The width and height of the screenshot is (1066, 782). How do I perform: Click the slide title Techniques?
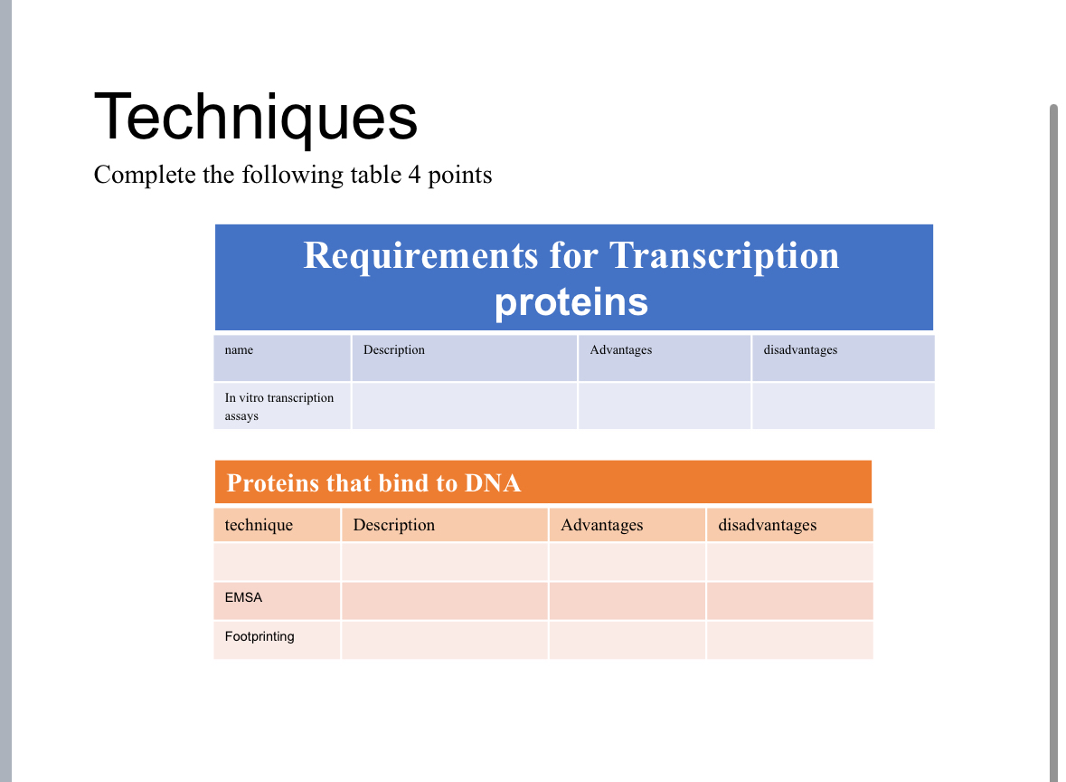pyautogui.click(x=256, y=117)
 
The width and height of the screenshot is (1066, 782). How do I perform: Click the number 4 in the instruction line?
pyautogui.click(x=414, y=175)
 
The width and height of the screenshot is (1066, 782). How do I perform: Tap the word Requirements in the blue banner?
pyautogui.click(x=420, y=256)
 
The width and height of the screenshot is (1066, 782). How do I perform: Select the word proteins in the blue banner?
pyautogui.click(x=571, y=302)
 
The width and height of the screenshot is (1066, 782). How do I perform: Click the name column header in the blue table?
pyautogui.click(x=239, y=350)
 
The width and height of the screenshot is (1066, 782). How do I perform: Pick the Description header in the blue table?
pyautogui.click(x=393, y=350)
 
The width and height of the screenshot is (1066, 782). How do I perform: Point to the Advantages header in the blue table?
pyautogui.click(x=620, y=350)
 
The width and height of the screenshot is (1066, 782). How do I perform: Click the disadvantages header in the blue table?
pyautogui.click(x=800, y=350)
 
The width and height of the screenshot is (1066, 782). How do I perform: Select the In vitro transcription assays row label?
pyautogui.click(x=279, y=406)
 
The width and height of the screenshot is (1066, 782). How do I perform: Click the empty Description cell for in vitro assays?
pyautogui.click(x=465, y=406)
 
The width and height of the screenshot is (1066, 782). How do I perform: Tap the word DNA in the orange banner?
pyautogui.click(x=493, y=483)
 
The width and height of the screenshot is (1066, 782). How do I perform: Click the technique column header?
pyautogui.click(x=259, y=525)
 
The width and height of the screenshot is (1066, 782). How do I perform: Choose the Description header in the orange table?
pyautogui.click(x=393, y=525)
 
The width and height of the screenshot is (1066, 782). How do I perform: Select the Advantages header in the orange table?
pyautogui.click(x=601, y=525)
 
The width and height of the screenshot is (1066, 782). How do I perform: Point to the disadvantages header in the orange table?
pyautogui.click(x=768, y=525)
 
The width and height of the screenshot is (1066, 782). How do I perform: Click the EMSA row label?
pyautogui.click(x=243, y=597)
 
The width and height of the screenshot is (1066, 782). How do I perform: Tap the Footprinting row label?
pyautogui.click(x=259, y=637)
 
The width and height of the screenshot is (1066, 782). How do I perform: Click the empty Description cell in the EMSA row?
pyautogui.click(x=445, y=601)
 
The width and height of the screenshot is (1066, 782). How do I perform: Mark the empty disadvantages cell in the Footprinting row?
pyautogui.click(x=789, y=641)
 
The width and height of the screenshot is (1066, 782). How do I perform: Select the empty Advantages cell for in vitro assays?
pyautogui.click(x=665, y=406)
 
